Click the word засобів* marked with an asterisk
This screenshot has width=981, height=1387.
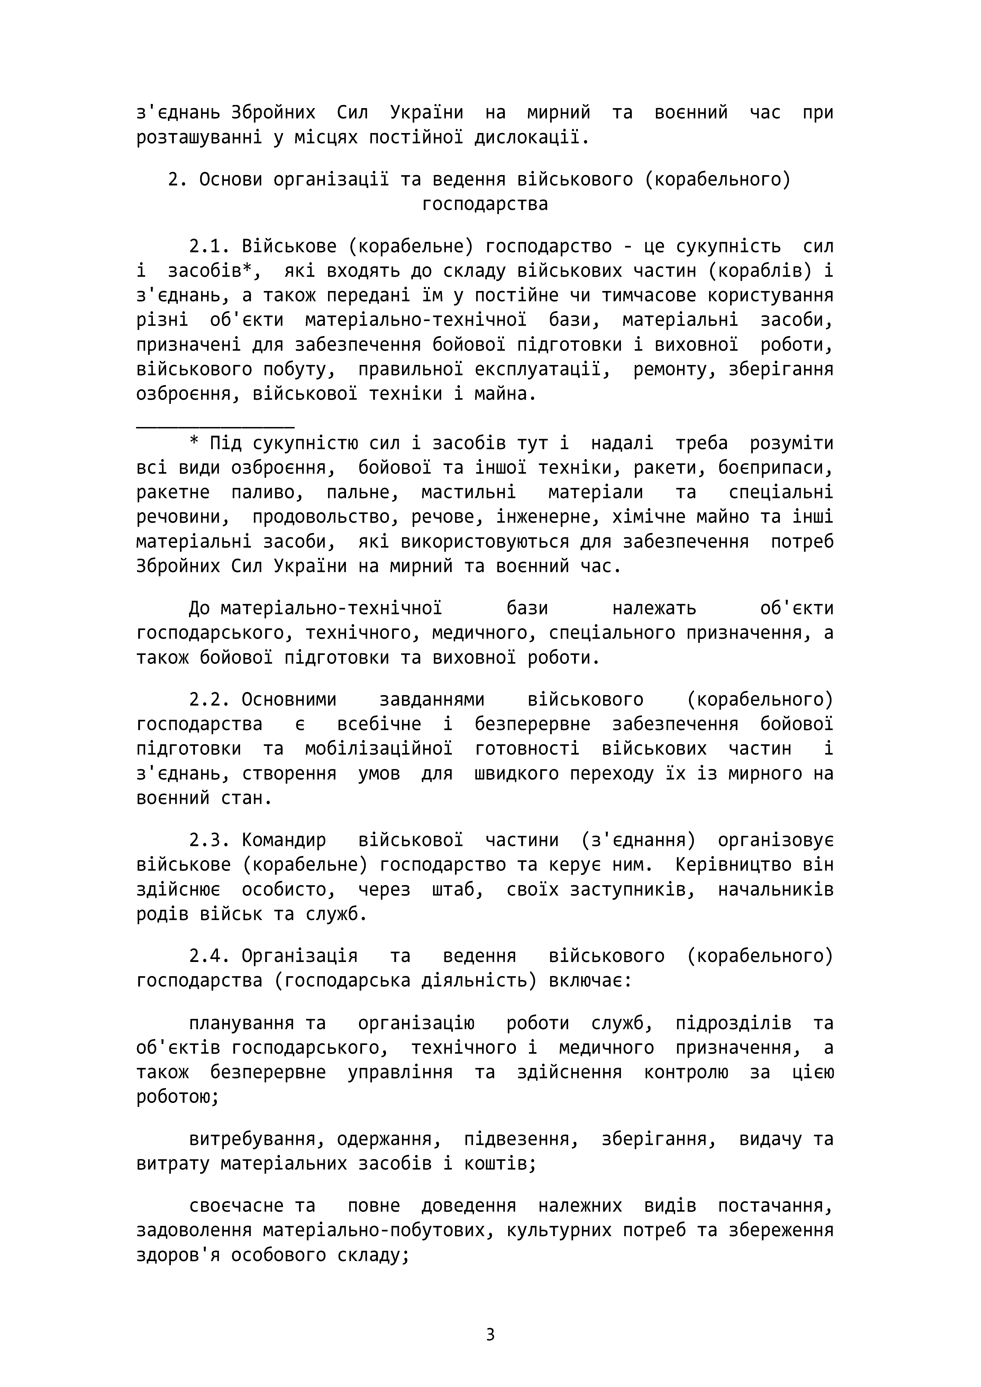[213, 271]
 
